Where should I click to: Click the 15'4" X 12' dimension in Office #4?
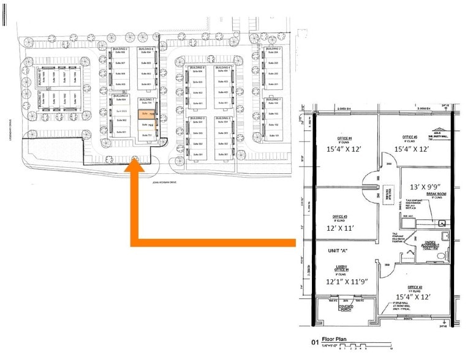[344, 148]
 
